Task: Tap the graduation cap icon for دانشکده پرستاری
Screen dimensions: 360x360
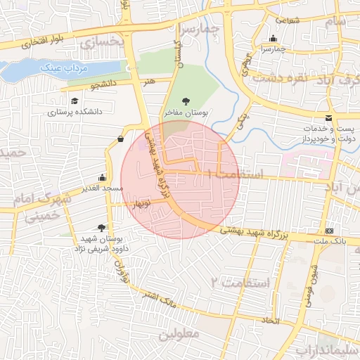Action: [x=75, y=101]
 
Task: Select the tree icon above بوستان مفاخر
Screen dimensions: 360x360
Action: [x=186, y=101]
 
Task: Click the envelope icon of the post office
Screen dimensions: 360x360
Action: [x=329, y=117]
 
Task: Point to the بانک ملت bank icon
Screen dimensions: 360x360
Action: [x=330, y=231]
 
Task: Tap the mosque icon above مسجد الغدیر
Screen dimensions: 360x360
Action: [x=103, y=177]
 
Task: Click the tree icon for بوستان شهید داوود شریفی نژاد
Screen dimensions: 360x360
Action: [x=101, y=227]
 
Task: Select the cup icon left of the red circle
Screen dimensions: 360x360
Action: [x=120, y=139]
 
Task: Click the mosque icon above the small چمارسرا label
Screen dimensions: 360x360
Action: [x=274, y=39]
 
